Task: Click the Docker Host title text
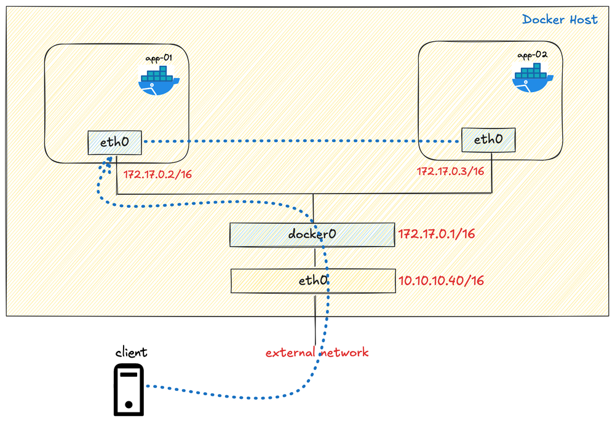560,20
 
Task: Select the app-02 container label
532,55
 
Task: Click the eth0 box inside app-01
114,143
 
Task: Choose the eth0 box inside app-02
489,140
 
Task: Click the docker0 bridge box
312,235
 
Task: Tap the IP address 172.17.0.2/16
158,175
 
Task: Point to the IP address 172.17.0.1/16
436,234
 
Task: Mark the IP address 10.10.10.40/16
441,281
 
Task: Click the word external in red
288,353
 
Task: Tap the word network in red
345,353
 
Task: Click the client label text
131,352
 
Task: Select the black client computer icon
129,390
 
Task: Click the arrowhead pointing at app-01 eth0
109,159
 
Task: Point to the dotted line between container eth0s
301,143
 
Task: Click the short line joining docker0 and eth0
315,258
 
